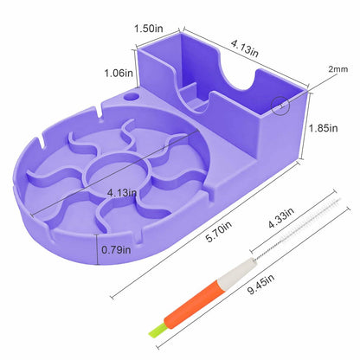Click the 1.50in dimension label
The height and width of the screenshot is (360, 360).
(149, 29)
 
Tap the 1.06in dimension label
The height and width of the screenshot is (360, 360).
(119, 73)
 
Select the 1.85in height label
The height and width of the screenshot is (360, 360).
(323, 128)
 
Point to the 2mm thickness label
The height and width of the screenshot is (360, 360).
(338, 69)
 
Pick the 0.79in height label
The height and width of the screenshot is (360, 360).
(116, 249)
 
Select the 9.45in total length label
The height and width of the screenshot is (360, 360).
(260, 285)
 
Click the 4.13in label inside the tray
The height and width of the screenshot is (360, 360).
(122, 193)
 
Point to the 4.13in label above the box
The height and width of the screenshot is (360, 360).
(245, 48)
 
